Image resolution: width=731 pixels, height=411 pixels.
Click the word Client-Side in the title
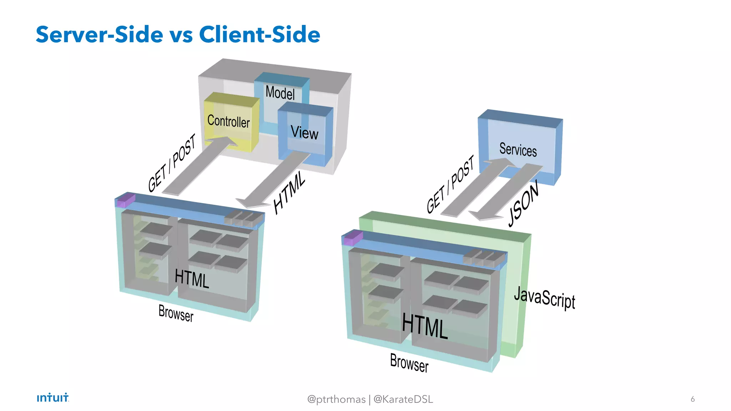point(259,35)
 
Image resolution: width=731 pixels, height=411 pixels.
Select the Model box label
point(280,93)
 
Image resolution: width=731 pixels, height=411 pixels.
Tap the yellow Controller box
point(229,121)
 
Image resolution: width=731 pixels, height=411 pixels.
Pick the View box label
point(304,133)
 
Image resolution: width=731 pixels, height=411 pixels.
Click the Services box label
point(518,149)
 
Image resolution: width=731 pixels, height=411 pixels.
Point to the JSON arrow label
point(523,204)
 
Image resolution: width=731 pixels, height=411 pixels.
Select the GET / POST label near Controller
point(172,163)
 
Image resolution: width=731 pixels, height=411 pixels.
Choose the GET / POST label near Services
point(450,184)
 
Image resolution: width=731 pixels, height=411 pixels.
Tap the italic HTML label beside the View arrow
point(289,193)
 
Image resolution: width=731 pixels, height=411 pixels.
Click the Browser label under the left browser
point(176,313)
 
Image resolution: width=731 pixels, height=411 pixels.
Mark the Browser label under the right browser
point(409,362)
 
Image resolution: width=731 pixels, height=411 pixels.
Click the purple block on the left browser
point(126,200)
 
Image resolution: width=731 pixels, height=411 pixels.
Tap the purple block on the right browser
point(353,238)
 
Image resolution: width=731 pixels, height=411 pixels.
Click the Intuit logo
point(53,397)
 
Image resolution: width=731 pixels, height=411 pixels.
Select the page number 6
point(692,399)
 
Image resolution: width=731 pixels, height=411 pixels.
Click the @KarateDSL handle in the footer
point(403,399)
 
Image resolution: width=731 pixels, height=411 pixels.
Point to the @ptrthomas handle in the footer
point(336,399)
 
